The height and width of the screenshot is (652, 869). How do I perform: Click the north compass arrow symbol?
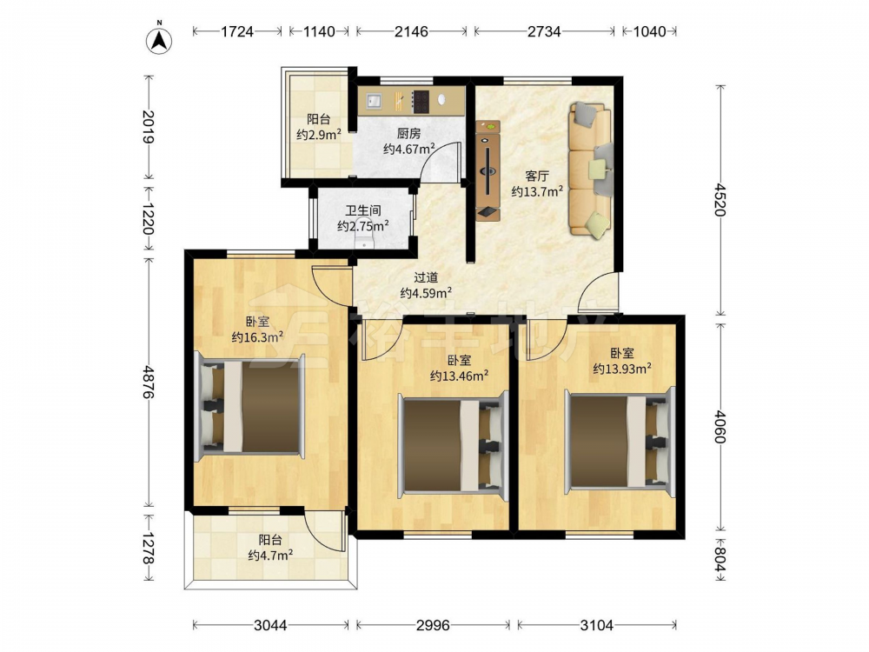point(159,40)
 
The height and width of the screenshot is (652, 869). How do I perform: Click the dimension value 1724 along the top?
point(236,31)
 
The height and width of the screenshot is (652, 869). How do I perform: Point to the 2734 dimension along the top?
point(544,31)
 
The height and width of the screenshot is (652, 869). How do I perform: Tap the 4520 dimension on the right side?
point(720,200)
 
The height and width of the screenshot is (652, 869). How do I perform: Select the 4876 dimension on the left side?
point(148,382)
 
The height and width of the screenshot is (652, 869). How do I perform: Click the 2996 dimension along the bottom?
point(433,625)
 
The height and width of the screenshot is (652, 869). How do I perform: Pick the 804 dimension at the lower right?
point(720,559)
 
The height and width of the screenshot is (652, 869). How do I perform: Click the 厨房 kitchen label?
point(408,134)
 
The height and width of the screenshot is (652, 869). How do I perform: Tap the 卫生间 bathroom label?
point(363,210)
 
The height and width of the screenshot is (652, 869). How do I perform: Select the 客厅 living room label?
point(537,176)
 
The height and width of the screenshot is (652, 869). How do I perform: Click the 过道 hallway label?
point(426,277)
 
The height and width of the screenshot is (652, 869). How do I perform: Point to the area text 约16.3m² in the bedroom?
point(258,336)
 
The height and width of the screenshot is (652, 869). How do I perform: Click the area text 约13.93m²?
point(622,368)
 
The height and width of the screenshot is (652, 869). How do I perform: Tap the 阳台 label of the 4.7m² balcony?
point(270,540)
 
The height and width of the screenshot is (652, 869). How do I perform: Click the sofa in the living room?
point(591,170)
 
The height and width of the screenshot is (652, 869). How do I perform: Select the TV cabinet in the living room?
point(488,170)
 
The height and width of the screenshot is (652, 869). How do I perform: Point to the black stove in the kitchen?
point(421,101)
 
